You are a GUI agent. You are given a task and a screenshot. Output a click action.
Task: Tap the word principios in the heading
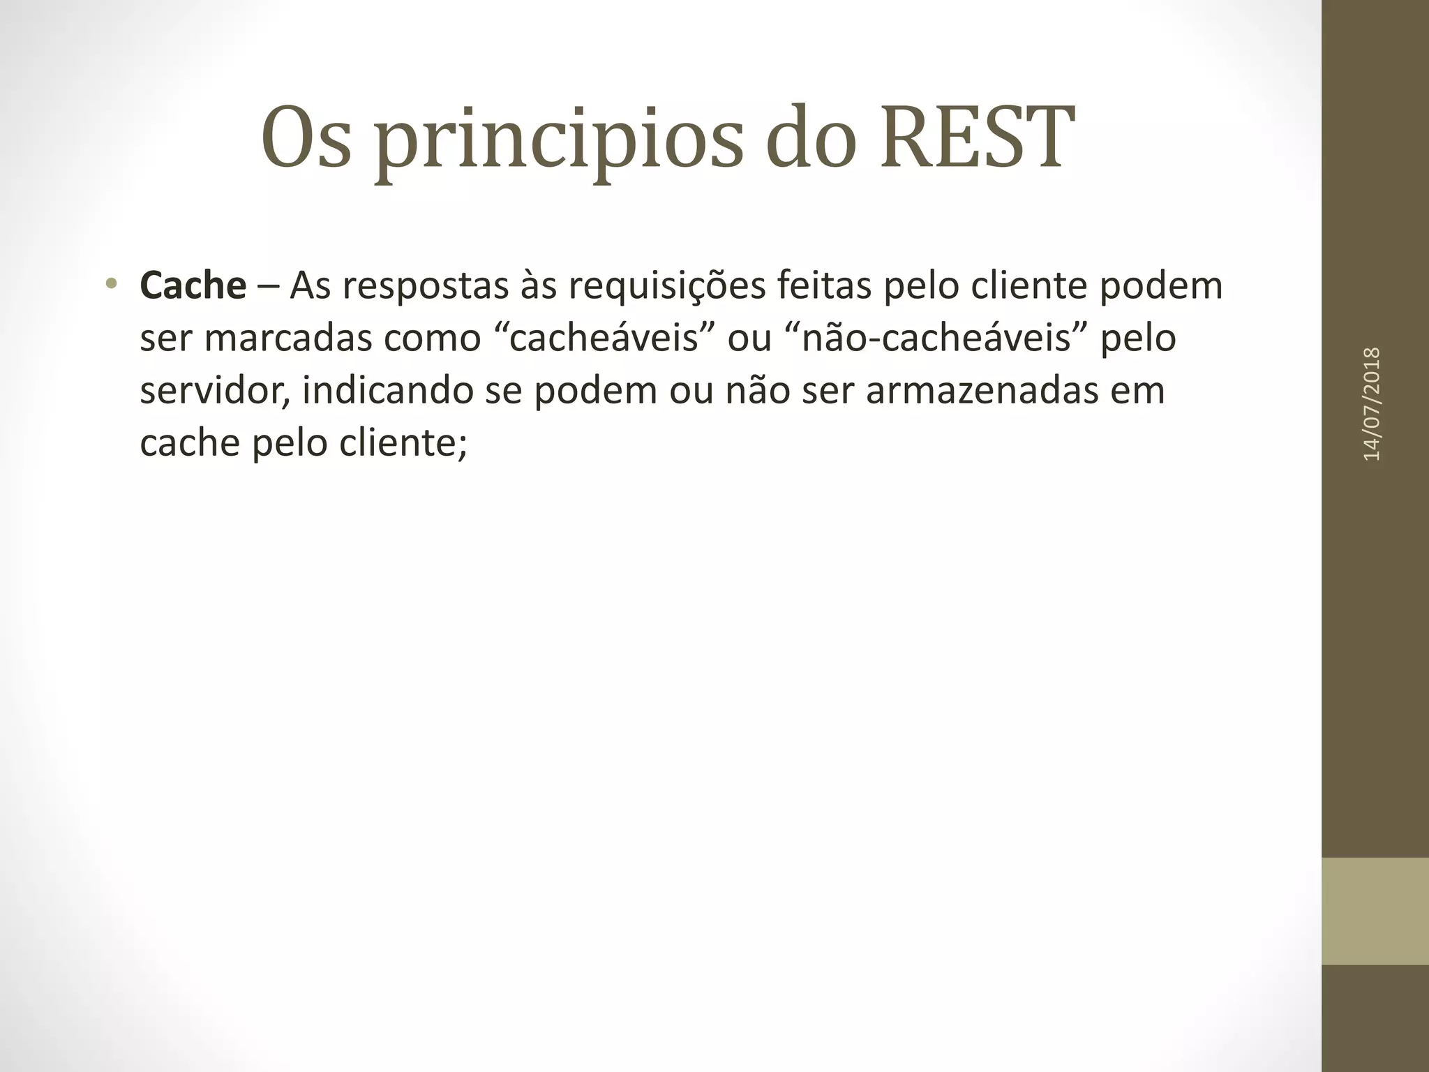pos(558,143)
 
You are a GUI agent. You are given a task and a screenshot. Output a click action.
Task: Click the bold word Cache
pos(193,286)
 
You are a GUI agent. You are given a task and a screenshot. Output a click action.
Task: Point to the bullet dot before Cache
pos(110,284)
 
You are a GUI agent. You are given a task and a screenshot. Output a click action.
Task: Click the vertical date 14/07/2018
pos(1372,403)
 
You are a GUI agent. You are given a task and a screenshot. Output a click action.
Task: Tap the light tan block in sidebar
pos(1375,911)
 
